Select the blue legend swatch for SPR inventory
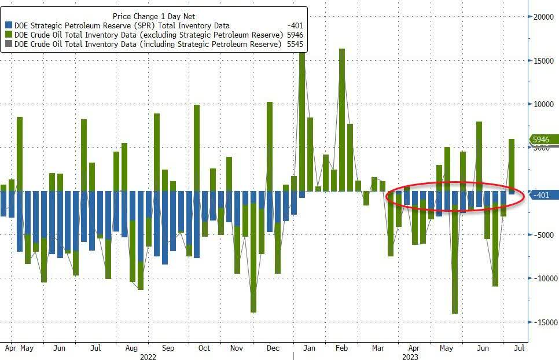8,25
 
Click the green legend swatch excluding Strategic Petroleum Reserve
8,35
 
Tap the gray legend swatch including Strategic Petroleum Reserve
8,44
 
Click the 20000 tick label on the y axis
544,17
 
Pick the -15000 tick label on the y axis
543,322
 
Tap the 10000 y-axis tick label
544,104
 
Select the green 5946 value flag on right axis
544,139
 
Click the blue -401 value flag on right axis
544,195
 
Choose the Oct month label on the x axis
204,348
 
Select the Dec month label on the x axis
273,348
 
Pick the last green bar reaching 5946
512,164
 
